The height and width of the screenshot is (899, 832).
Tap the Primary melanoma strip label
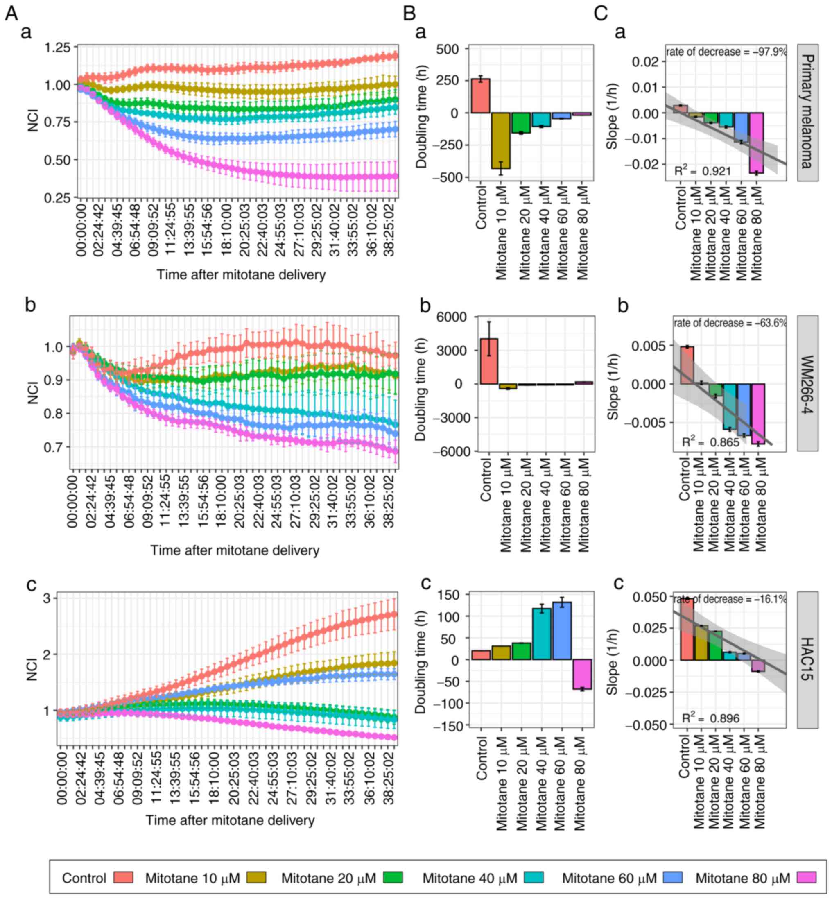tap(807, 113)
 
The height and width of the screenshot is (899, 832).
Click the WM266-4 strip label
tap(807, 384)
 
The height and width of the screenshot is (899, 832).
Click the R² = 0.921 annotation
tap(702, 171)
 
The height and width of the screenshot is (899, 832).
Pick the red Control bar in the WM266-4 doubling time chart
tap(488, 361)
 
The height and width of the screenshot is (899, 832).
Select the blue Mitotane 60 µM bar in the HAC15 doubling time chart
tap(561, 631)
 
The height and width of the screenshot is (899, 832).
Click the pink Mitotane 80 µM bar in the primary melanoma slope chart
tap(757, 143)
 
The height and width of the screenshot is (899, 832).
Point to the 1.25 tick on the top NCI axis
tap(57, 47)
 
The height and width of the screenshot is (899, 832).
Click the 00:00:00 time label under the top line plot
tap(81, 230)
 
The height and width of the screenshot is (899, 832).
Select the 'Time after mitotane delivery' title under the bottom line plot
tap(230, 820)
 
